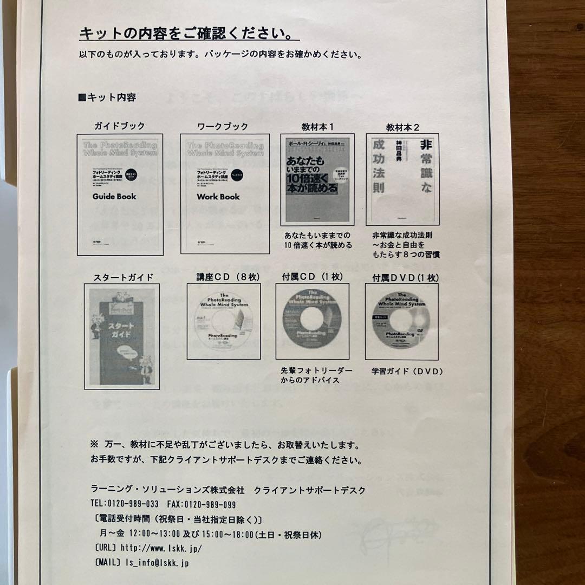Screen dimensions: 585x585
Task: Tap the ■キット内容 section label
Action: [x=107, y=97]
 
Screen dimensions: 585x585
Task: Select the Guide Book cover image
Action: [x=120, y=195]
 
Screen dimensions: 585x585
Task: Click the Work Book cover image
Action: [x=224, y=194]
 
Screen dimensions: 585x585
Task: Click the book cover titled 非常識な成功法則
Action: [x=402, y=180]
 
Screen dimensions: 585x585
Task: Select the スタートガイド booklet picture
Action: [x=122, y=336]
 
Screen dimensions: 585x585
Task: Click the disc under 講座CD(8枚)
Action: [x=224, y=321]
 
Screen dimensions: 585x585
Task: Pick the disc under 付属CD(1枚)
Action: [x=313, y=322]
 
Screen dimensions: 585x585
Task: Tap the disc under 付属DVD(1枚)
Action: [x=401, y=322]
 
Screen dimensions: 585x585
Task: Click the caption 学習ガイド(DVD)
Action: [x=407, y=372]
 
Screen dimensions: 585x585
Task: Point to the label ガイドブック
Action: [x=120, y=126]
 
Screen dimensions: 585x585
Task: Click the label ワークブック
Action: [x=223, y=127]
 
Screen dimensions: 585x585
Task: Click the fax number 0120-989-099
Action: [x=210, y=504]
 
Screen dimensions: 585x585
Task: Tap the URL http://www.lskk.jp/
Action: [x=161, y=548]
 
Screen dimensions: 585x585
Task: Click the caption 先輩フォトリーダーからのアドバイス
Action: [x=316, y=375]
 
